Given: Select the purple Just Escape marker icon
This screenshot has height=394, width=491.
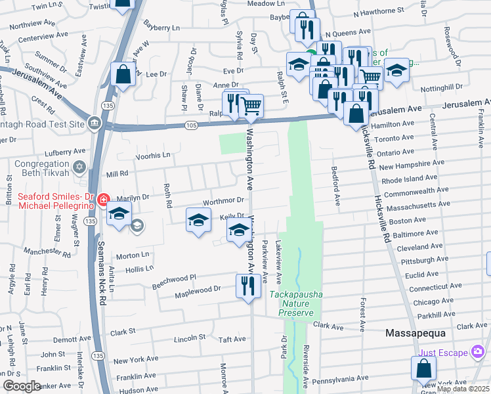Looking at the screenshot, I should coord(479,353).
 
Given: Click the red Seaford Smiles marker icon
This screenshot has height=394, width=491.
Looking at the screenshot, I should coord(103,200).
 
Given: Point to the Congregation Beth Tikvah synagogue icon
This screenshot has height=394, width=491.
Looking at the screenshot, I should coord(80,167).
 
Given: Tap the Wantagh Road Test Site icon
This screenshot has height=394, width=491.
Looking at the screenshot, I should coord(95,123).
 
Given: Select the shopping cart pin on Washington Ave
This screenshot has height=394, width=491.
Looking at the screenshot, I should coord(251,106).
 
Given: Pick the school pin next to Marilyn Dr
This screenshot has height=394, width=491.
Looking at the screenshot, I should coord(119,214).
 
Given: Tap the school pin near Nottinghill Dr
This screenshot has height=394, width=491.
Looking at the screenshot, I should coord(396,71).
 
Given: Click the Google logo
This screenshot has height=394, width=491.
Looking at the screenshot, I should coord(22,386).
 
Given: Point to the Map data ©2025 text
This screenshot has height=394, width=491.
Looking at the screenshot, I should coord(463,389).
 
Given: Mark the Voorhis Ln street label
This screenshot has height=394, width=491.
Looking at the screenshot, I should coord(152,156).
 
